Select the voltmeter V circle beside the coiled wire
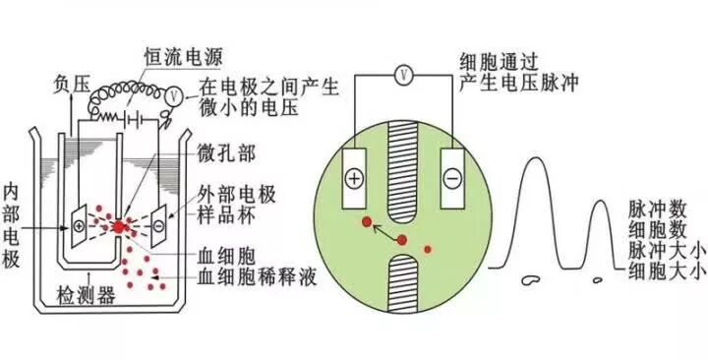pyautogui.click(x=173, y=95)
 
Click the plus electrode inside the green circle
pyautogui.click(x=352, y=178)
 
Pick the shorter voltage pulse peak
pyautogui.click(x=600, y=236)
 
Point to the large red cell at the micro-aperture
pyautogui.click(x=119, y=227)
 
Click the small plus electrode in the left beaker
pyautogui.click(x=78, y=224)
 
